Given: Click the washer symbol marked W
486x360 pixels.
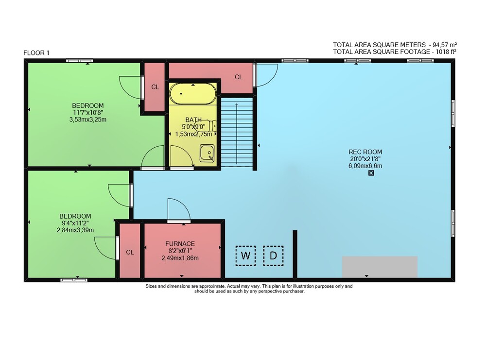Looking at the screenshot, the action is (245, 256).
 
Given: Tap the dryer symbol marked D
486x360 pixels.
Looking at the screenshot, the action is (273, 256).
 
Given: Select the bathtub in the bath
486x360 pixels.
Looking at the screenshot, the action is (193, 94).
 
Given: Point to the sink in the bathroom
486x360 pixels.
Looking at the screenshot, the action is (207, 153).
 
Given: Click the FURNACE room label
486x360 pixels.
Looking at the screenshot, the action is (180, 244).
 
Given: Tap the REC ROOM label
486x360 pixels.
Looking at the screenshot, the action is (365, 152).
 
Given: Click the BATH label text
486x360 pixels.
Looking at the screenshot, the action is (193, 120).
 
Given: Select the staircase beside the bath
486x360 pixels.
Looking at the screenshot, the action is (237, 132).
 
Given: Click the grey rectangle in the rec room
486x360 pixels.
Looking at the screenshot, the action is (380, 267).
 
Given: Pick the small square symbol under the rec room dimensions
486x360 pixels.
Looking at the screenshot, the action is (371, 173).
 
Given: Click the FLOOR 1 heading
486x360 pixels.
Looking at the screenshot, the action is (36, 53).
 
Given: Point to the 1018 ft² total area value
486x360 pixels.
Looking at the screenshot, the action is (446, 51).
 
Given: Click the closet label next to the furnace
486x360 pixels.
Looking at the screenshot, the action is (130, 253).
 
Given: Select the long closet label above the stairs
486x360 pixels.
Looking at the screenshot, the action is (238, 77).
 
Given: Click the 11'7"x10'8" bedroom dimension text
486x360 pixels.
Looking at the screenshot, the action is (88, 112).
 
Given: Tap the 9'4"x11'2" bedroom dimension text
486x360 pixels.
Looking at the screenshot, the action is (75, 223).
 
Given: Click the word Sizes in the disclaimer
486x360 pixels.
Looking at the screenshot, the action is (151, 286).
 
